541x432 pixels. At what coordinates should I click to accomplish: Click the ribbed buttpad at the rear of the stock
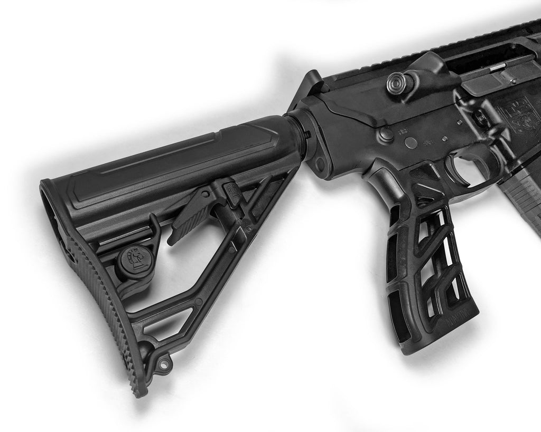(x=100, y=311)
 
